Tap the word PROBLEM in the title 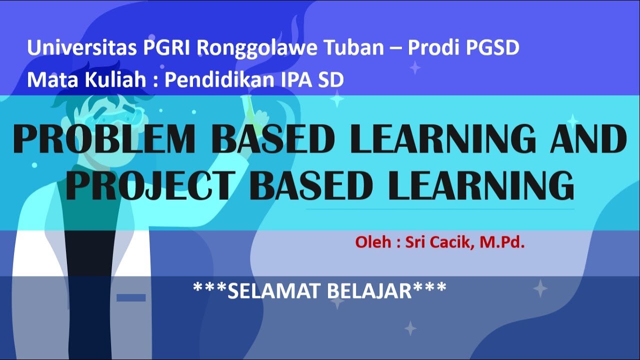(105, 139)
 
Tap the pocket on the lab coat (131, 297)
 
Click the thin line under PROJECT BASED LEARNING (440, 209)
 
